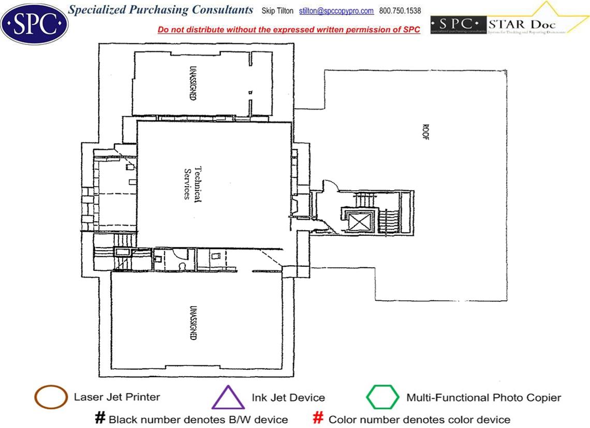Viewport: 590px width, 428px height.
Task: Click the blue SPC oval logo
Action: pyautogui.click(x=35, y=23)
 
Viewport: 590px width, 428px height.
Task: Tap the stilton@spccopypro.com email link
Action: pyautogui.click(x=336, y=11)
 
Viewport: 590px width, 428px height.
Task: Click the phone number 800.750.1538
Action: pyautogui.click(x=400, y=11)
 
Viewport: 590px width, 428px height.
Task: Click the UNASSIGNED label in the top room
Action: pyautogui.click(x=193, y=83)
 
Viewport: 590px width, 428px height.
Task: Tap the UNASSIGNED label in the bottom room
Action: pyautogui.click(x=193, y=322)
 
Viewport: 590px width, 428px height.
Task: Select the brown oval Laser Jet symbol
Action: pyautogui.click(x=51, y=398)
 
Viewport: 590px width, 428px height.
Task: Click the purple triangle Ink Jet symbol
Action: pyautogui.click(x=228, y=398)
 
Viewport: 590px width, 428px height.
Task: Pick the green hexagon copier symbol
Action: pyautogui.click(x=383, y=398)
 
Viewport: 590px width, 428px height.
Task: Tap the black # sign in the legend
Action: pyautogui.click(x=100, y=418)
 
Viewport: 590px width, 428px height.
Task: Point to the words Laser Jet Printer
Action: pyautogui.click(x=117, y=397)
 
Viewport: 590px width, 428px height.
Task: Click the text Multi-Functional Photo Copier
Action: pyautogui.click(x=483, y=398)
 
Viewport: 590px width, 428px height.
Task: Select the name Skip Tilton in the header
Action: pyautogui.click(x=277, y=11)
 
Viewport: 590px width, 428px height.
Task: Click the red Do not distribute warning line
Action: pyautogui.click(x=289, y=29)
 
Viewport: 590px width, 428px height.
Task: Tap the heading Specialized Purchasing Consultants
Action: pyautogui.click(x=161, y=10)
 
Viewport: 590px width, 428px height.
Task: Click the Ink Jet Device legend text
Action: pyautogui.click(x=288, y=398)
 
